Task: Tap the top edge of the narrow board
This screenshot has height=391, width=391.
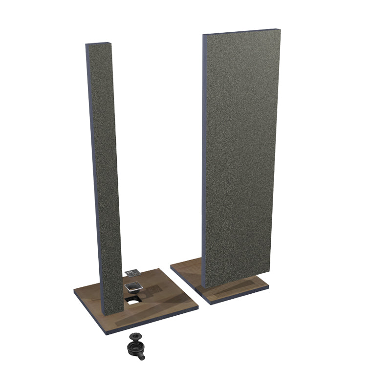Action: click(x=97, y=44)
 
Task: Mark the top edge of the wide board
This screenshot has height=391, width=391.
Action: click(x=241, y=32)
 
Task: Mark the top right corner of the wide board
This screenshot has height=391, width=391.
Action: click(x=280, y=30)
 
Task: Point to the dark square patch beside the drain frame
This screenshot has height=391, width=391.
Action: click(x=154, y=289)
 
